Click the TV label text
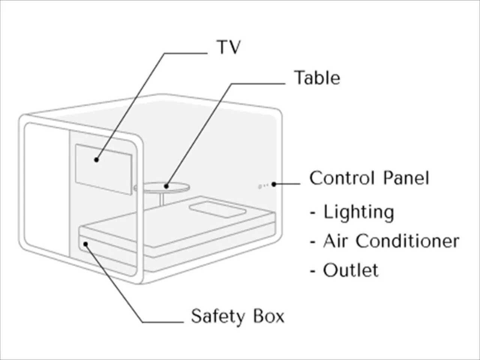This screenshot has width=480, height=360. coord(228,47)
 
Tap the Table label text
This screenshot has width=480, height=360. coord(317,78)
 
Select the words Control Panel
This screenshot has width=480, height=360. coord(369,178)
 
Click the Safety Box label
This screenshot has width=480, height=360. coord(238,316)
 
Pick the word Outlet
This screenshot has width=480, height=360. coord(351,270)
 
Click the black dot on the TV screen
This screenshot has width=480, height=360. coord(96,160)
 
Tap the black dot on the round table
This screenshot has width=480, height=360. coord(166,186)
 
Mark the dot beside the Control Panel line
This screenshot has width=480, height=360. coord(274,184)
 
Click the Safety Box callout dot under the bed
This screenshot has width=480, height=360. coord(86,244)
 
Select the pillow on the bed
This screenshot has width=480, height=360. coord(218,210)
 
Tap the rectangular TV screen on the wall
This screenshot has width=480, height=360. coord(103,169)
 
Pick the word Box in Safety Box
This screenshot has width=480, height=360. coord(269,316)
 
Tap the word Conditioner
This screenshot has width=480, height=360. coord(408,241)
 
